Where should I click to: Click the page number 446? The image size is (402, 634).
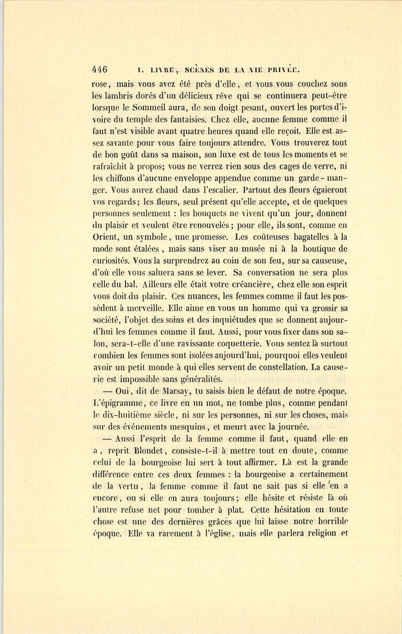(100, 70)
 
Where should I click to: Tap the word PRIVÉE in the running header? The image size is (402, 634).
(284, 70)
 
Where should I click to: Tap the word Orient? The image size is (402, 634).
(105, 237)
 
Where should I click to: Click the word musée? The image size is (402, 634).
(255, 249)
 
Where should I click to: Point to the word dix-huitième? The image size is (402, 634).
(142, 415)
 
